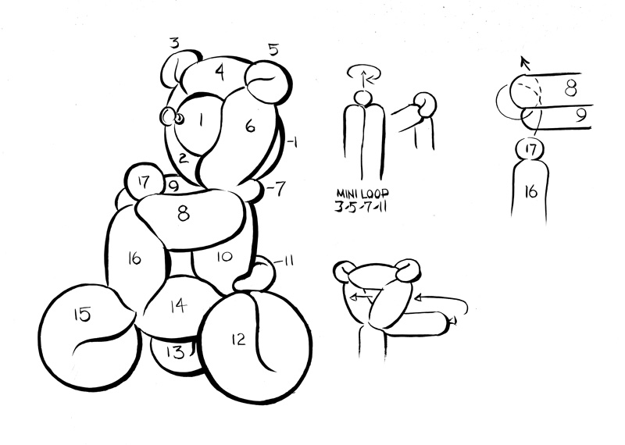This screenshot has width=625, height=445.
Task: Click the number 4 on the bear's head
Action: click(220, 73)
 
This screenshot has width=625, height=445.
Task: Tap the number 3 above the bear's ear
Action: click(174, 43)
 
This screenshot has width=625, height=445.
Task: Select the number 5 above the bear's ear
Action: click(273, 50)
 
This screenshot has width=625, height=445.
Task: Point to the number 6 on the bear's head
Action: click(250, 126)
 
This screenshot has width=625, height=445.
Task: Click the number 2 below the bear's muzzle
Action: click(183, 158)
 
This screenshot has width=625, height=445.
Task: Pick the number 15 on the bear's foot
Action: click(82, 314)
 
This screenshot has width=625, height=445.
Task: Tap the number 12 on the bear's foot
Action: click(238, 340)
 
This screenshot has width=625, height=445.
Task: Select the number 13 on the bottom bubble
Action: click(175, 353)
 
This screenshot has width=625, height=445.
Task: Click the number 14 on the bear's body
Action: click(178, 306)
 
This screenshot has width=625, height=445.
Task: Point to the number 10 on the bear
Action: click(225, 257)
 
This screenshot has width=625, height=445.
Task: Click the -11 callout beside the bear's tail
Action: click(284, 262)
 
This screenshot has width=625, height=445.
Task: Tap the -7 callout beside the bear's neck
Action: click(276, 188)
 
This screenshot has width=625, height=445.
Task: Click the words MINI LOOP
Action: click(362, 194)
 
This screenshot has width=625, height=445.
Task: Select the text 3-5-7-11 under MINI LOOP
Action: click(362, 207)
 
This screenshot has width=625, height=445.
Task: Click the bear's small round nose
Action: click(180, 119)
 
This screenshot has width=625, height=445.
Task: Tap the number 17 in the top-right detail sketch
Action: click(530, 149)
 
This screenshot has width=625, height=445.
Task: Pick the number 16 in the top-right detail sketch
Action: click(531, 192)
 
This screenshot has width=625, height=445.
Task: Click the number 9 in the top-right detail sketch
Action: click(581, 115)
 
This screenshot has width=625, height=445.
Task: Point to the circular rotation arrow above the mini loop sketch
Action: click(364, 73)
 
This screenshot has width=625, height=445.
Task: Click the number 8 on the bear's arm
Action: click(184, 214)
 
